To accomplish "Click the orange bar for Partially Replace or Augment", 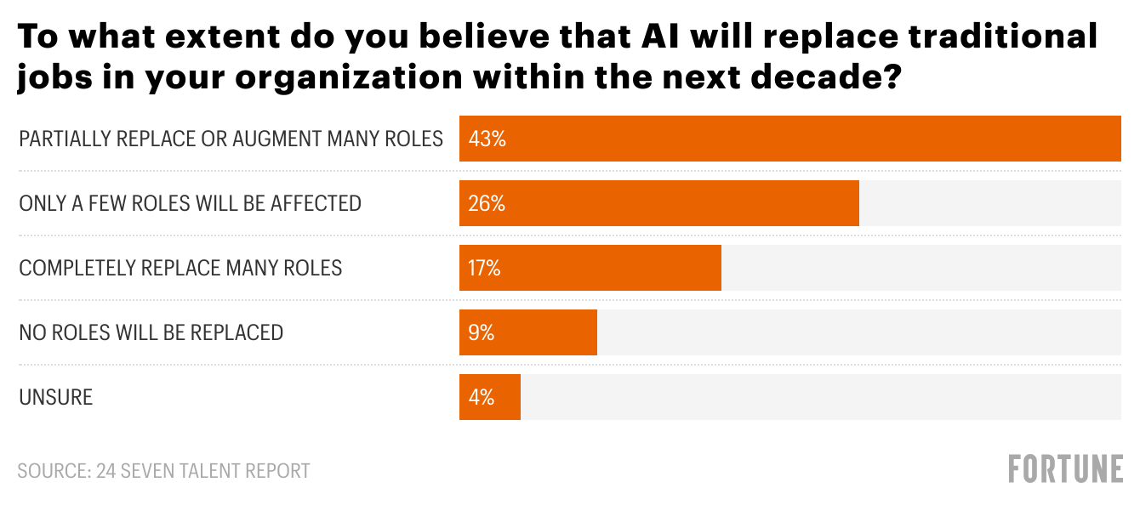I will point(789,139).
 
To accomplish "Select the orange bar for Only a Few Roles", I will point(659,203).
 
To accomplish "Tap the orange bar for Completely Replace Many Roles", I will point(590,268).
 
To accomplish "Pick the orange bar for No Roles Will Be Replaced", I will point(528,332).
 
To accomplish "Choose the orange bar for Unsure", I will point(490,397).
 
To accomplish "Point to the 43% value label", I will point(487,139).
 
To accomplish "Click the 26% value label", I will point(487,203).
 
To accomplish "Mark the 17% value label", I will point(484,268).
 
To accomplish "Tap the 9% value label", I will point(481,332).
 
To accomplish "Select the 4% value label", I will point(481,397).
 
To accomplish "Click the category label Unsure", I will point(55,397).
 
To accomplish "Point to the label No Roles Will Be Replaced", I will point(151,332).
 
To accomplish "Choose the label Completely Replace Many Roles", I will point(180,268).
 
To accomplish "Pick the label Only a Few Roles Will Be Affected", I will point(190,203).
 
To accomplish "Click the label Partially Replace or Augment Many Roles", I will point(231,139).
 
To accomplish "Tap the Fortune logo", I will point(1065,468).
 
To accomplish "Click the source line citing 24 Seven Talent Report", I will point(163,470).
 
